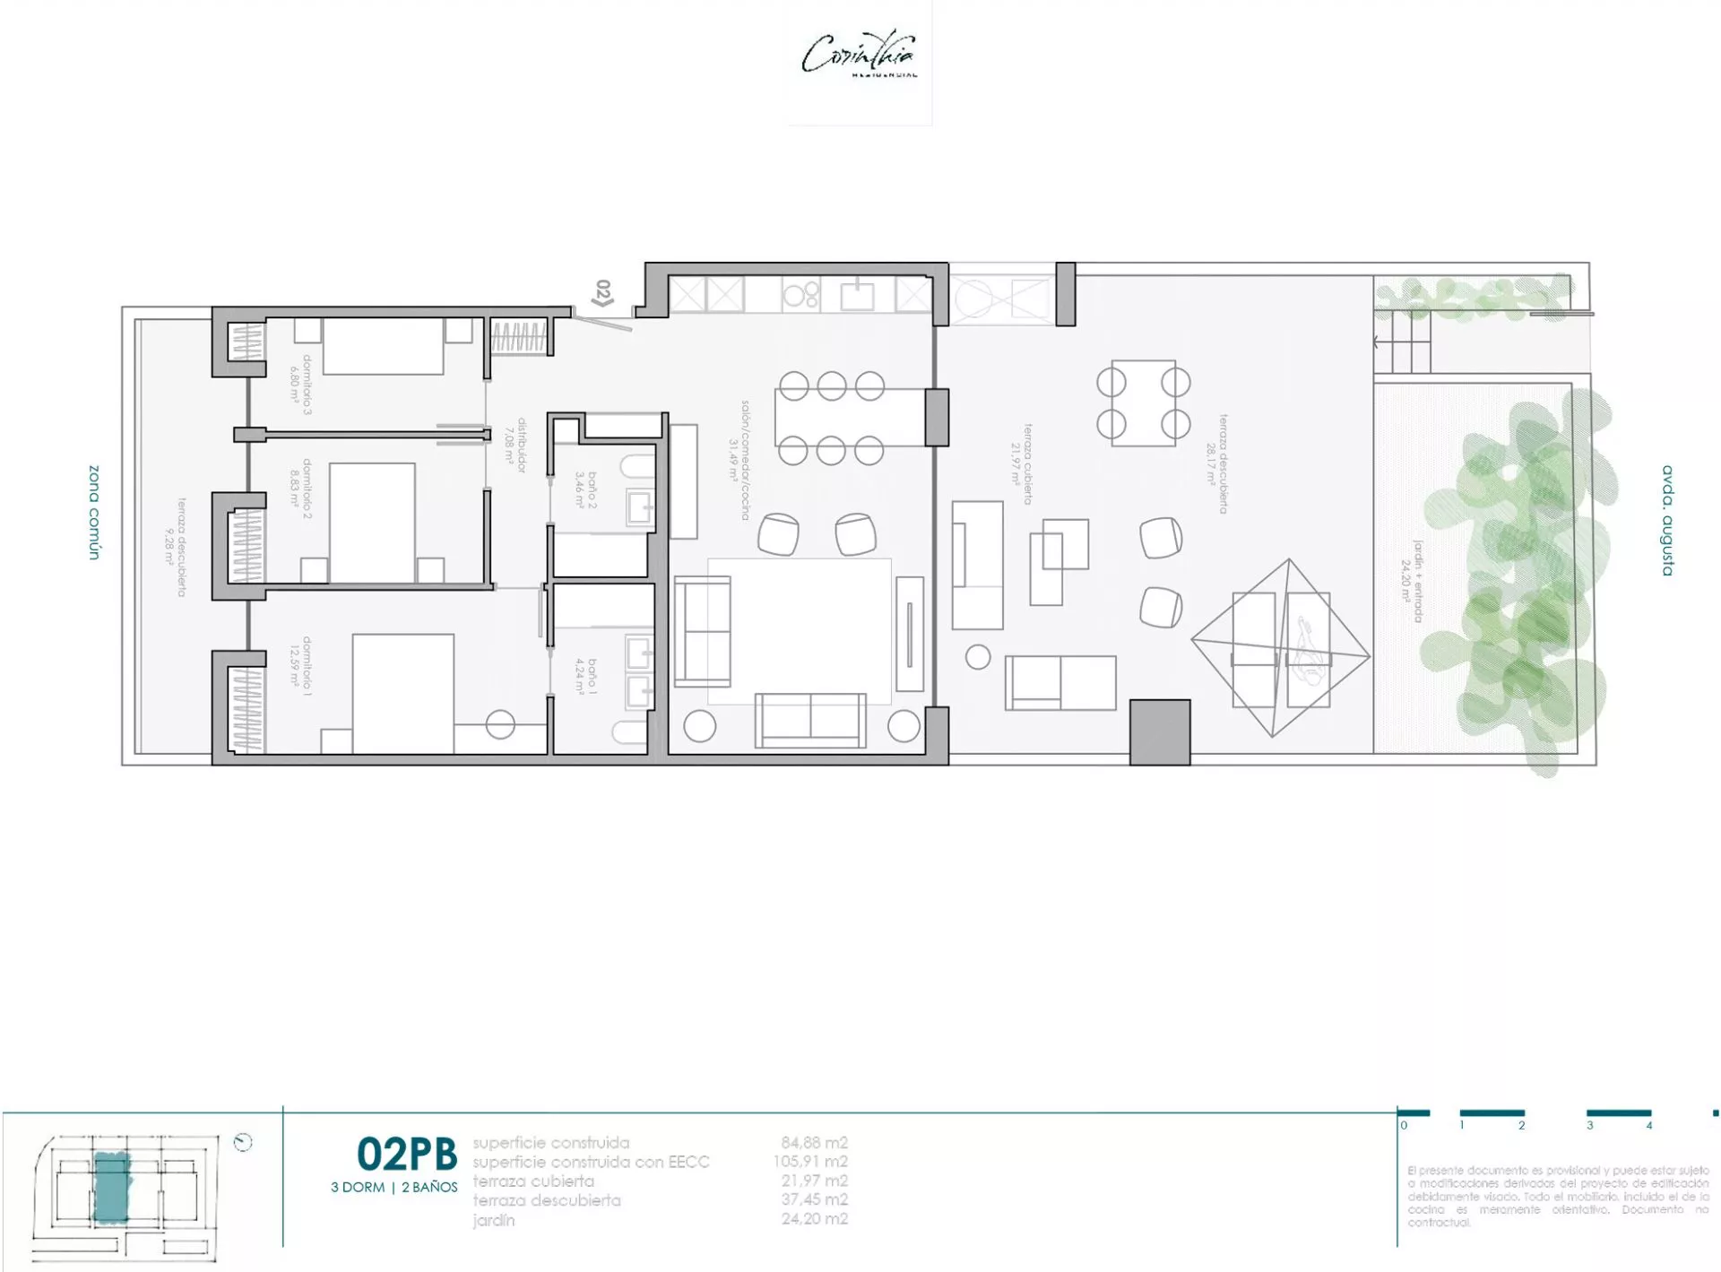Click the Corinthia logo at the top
[859, 56]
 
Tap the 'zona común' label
[94, 512]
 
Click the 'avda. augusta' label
[1667, 520]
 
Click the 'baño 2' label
[585, 490]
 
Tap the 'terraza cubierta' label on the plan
[1022, 464]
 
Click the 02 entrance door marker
[603, 293]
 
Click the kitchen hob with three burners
[800, 294]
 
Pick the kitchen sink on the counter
[858, 294]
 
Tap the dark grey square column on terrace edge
[1159, 732]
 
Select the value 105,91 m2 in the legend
[810, 1162]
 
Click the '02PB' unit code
[406, 1155]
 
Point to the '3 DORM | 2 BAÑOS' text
[394, 1187]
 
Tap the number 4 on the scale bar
[1648, 1125]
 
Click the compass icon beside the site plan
[242, 1142]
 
